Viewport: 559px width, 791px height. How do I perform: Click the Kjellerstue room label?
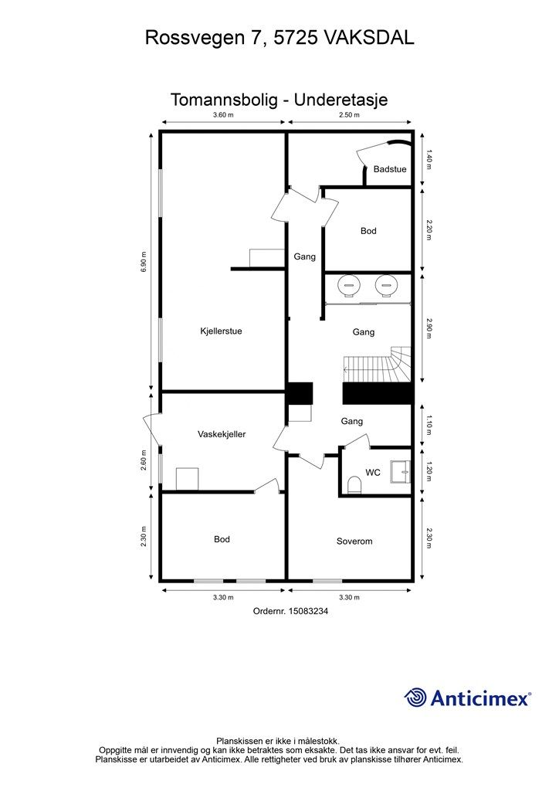tap(221, 331)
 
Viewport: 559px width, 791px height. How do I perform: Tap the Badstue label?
tap(390, 169)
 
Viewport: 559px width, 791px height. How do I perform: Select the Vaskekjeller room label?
tap(222, 434)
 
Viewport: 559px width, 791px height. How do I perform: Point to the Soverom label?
tap(354, 541)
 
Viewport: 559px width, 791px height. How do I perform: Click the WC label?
tap(373, 473)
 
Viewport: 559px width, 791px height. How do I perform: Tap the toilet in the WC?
tap(355, 486)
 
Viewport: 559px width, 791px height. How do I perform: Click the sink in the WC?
tap(401, 472)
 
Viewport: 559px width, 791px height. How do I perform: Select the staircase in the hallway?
tap(378, 365)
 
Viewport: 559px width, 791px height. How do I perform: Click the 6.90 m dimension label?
tap(144, 262)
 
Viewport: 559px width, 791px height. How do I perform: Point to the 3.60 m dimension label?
tap(223, 114)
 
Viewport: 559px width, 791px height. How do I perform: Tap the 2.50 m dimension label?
tap(349, 114)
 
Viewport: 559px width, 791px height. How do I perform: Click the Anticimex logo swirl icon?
tap(415, 698)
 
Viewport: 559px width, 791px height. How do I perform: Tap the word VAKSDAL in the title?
tap(368, 38)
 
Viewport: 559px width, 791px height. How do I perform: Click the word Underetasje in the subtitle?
tap(340, 100)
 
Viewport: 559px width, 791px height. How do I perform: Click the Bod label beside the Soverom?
tap(222, 539)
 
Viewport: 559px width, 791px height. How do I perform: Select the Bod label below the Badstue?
tap(368, 230)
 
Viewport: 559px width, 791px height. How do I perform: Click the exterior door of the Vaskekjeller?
tap(152, 430)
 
